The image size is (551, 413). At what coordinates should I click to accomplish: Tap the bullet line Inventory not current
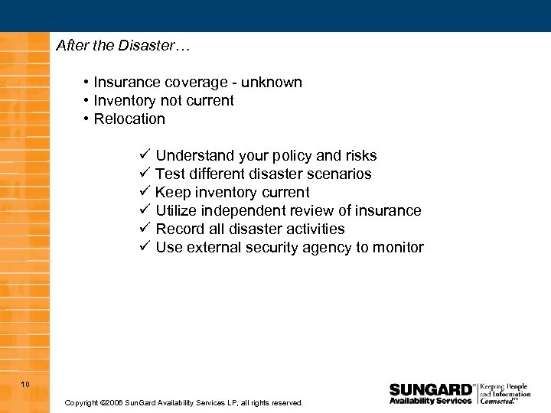(x=163, y=101)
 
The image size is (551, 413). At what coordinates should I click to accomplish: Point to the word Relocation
(x=129, y=119)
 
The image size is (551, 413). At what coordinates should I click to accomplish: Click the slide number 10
(x=25, y=384)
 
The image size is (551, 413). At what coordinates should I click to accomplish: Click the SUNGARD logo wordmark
(x=431, y=389)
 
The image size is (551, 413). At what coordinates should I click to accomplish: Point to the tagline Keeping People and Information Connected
(x=504, y=394)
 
